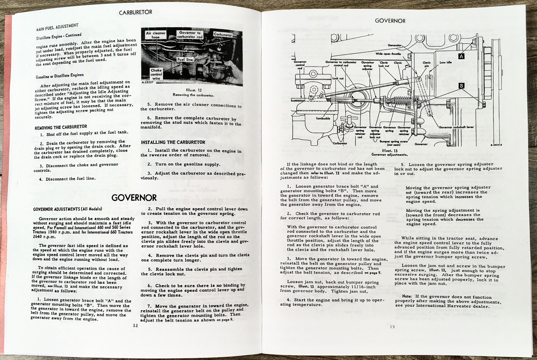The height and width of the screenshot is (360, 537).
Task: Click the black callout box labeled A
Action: [461, 56]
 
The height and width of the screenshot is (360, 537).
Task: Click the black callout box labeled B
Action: [461, 86]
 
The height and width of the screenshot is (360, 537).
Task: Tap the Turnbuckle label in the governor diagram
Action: [323, 119]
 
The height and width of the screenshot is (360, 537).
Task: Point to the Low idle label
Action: [445, 62]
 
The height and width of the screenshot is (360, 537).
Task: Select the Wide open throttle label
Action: [388, 53]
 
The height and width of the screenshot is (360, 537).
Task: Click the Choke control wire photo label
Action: [156, 74]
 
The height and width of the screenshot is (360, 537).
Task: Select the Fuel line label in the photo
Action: [185, 59]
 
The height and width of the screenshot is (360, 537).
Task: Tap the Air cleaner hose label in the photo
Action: [155, 35]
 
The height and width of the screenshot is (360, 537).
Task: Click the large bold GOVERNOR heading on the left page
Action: [134, 197]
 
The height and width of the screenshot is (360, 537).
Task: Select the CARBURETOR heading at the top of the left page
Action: [136, 12]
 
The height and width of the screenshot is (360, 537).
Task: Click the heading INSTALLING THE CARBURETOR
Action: [173, 142]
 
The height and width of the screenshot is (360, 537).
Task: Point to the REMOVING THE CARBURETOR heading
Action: [61, 127]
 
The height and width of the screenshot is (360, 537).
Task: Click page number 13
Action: [392, 327]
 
